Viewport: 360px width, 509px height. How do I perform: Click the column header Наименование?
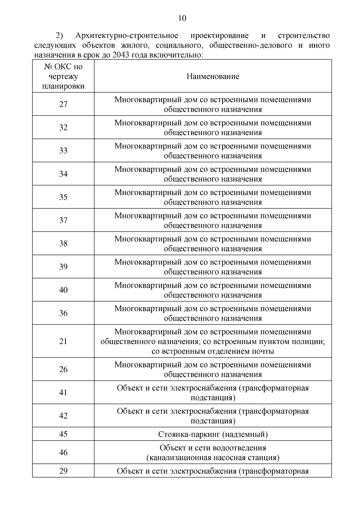point(213,76)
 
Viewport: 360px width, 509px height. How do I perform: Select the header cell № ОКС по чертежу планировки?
point(63,76)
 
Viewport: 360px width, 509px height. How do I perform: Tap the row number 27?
point(63,104)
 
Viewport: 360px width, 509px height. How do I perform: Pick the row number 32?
point(63,127)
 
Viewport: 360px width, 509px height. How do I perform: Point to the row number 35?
point(63,197)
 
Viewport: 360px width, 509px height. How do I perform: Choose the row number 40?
point(63,290)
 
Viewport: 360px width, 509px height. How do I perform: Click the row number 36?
point(63,313)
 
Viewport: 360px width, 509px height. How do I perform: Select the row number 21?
point(63,341)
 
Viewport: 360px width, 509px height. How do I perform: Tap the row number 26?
point(63,369)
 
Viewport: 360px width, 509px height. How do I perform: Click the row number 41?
point(63,393)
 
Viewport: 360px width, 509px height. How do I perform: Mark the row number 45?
point(63,434)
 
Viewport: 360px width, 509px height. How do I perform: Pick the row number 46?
point(63,452)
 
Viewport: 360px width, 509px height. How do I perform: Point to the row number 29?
point(63,471)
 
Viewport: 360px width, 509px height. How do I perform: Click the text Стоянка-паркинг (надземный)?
point(213,434)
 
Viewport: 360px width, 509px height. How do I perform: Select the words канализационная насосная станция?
point(213,458)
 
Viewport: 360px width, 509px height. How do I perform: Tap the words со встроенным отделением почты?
point(213,351)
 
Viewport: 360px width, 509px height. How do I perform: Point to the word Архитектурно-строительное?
point(127,36)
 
